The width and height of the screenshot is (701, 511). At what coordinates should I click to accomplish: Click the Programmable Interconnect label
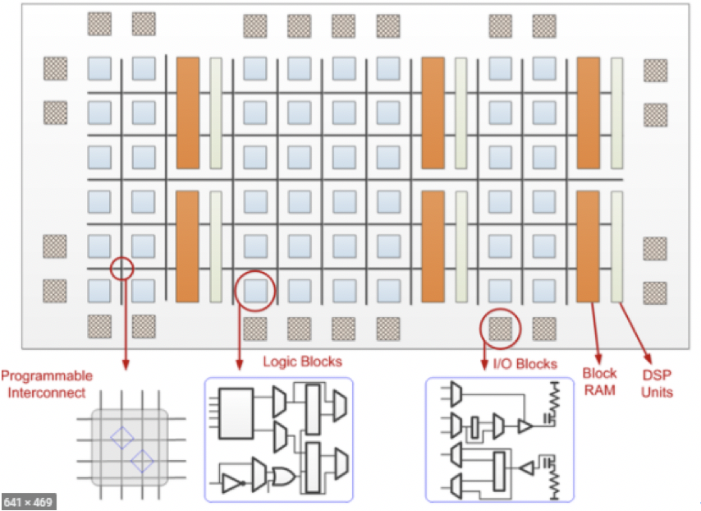pos(47,384)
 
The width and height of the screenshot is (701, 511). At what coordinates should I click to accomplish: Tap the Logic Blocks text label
pos(302,361)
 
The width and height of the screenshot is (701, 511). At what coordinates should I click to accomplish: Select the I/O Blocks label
pos(525,364)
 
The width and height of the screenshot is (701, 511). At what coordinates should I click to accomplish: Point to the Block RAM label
pos(600,380)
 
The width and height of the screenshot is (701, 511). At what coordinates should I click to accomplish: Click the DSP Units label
pos(657,384)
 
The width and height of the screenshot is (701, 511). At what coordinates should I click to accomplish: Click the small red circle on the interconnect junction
pos(121,268)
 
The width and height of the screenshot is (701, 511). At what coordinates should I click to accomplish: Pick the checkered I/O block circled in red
pos(501,327)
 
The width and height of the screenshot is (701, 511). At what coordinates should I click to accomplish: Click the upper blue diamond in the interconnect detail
pos(121,437)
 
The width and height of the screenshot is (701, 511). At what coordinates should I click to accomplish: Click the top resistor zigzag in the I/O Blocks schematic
pos(553,398)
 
